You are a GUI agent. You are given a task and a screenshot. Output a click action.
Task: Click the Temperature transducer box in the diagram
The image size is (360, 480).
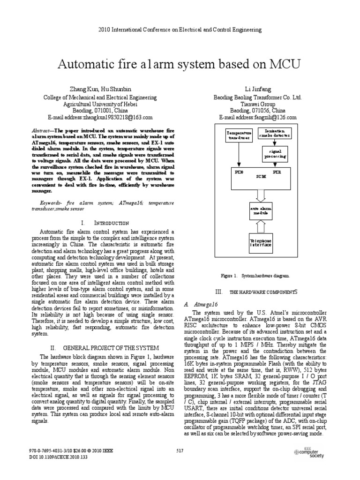pos(238,135)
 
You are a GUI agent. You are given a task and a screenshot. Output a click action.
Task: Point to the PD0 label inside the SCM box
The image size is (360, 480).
pos(239,172)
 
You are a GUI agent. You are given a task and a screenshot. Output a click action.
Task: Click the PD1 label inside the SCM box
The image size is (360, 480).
pos(277,172)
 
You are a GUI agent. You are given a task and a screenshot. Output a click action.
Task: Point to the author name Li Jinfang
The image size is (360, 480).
pos(258,89)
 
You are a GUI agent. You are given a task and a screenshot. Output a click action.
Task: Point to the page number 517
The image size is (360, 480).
pos(180,451)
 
